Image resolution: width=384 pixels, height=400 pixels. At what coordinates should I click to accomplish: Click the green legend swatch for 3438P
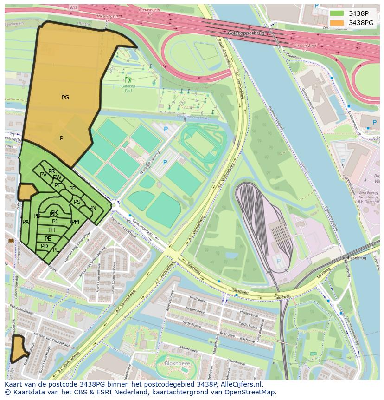tap(337, 13)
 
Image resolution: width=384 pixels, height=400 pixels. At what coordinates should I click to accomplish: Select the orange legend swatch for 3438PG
tap(337, 23)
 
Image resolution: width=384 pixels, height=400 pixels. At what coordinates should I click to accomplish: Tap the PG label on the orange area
tap(65, 98)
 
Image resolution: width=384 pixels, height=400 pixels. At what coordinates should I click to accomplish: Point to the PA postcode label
tap(26, 222)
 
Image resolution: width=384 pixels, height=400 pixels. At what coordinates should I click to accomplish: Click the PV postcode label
tap(43, 175)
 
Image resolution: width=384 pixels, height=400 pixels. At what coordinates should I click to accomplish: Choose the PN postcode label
tap(93, 208)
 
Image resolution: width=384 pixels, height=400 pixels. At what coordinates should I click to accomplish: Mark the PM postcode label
tap(75, 222)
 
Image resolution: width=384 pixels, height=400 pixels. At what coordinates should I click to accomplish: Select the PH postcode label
tap(52, 230)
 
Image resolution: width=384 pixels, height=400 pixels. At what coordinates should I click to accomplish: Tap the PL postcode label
tap(56, 250)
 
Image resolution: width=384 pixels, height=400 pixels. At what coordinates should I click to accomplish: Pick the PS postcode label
tap(77, 202)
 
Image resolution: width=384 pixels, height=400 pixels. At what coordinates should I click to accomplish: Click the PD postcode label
tap(45, 246)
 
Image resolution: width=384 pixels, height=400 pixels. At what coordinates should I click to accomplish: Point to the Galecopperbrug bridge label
tap(246, 33)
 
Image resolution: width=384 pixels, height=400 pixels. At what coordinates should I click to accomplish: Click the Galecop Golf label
tap(128, 88)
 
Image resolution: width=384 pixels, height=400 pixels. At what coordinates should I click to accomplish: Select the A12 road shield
tap(73, 8)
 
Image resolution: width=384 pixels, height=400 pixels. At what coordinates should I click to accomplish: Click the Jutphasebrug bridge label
tap(353, 258)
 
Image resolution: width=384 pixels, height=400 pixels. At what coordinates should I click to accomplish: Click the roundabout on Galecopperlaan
tap(115, 205)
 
